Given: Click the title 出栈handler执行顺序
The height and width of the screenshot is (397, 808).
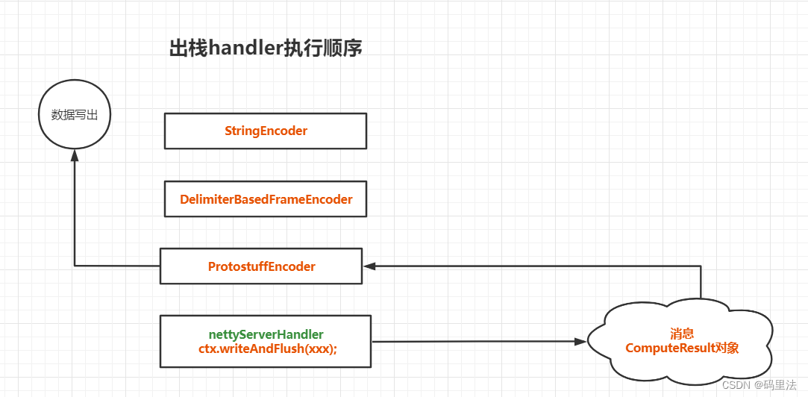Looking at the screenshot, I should [x=266, y=49].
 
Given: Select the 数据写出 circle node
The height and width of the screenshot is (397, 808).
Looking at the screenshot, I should [x=74, y=115].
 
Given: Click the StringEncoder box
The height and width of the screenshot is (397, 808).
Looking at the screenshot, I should [x=266, y=131].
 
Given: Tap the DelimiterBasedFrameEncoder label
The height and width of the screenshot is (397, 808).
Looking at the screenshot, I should [x=266, y=199].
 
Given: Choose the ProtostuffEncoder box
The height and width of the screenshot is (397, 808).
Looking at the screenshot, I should [x=261, y=266].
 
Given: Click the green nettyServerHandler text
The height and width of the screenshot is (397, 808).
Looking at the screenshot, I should [x=266, y=334].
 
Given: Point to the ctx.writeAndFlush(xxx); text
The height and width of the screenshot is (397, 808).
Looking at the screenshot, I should [x=266, y=349].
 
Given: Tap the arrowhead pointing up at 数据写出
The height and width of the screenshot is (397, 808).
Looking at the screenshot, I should [x=74, y=154].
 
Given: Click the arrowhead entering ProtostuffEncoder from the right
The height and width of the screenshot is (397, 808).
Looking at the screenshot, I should [x=369, y=266].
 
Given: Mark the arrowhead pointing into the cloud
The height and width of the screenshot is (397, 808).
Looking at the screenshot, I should [x=580, y=342].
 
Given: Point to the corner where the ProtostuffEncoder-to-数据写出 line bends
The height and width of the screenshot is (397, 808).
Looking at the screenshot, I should [x=74, y=266].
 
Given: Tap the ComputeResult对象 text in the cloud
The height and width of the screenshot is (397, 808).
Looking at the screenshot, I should [x=682, y=348].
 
